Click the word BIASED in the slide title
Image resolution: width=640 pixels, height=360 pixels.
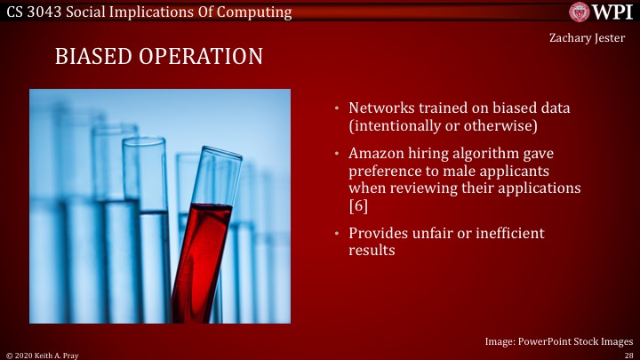point(90,57)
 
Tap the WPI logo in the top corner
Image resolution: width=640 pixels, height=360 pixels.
point(602,12)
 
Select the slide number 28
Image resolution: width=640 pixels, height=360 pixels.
point(628,354)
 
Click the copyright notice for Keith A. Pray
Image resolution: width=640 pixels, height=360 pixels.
point(42,354)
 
